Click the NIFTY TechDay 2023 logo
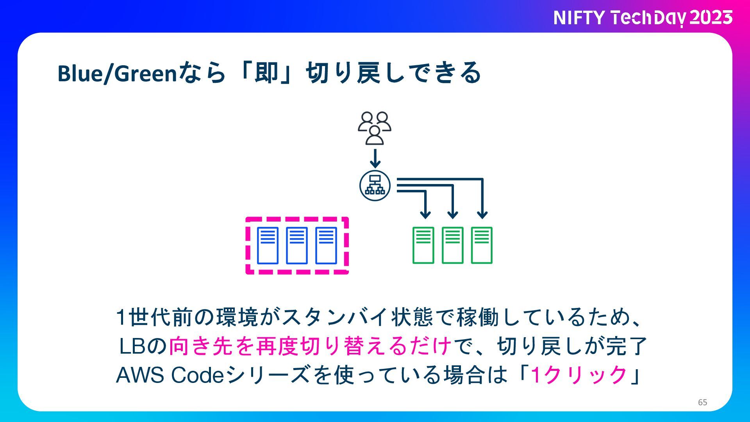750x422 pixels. pyautogui.click(x=643, y=18)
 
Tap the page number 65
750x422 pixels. pyautogui.click(x=702, y=402)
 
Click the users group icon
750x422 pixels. pyautogui.click(x=375, y=128)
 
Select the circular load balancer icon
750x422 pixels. pyautogui.click(x=375, y=186)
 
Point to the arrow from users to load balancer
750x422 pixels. pyautogui.click(x=375, y=158)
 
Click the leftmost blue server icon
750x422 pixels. pyautogui.click(x=268, y=245)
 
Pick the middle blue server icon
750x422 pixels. pyautogui.click(x=297, y=245)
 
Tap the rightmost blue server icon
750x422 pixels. pyautogui.click(x=326, y=245)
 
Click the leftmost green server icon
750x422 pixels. pyautogui.click(x=423, y=245)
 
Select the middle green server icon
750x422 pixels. pyautogui.click(x=453, y=245)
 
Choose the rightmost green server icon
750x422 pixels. pyautogui.click(x=482, y=245)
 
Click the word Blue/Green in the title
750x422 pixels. pyautogui.click(x=118, y=73)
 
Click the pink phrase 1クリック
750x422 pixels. pyautogui.click(x=579, y=375)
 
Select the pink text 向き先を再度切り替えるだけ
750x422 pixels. pyautogui.click(x=311, y=346)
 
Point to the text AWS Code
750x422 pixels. pyautogui.click(x=170, y=375)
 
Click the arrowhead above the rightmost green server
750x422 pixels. pyautogui.click(x=482, y=215)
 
